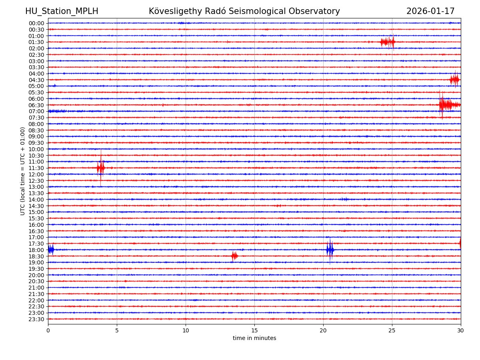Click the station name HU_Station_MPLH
pos(62,11)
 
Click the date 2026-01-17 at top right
pos(430,11)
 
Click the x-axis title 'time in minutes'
pos(254,338)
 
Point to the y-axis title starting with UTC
pos(23,171)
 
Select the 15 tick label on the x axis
pos(254,330)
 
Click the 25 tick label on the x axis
pos(392,330)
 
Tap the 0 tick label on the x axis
pos(48,330)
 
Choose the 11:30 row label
pos(36,168)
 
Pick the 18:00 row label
pos(36,250)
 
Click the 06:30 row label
pos(36,105)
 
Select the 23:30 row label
pos(36,319)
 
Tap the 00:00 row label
pos(36,23)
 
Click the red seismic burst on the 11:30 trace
pos(101,168)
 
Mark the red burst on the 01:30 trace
pos(388,42)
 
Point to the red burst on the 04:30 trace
pos(454,80)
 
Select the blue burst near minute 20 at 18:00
pos(330,250)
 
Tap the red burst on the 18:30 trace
pos(234,256)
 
